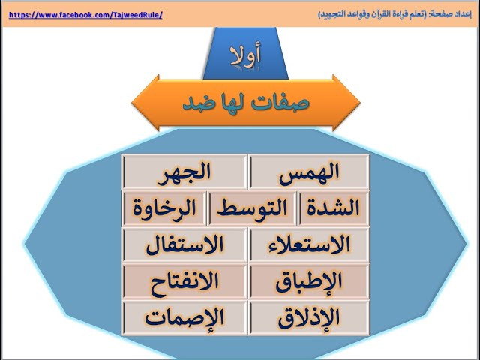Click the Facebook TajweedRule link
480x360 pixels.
[85, 15]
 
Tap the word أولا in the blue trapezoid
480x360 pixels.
[246, 55]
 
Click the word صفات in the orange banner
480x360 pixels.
[280, 103]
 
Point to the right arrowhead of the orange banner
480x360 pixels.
[346, 103]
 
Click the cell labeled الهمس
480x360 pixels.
[309, 172]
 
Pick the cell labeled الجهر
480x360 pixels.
[184, 172]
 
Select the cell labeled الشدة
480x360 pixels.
[333, 208]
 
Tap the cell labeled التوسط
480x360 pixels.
[252, 208]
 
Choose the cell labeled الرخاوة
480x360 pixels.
[164, 208]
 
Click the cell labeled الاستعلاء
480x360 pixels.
[309, 245]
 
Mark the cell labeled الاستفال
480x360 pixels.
[184, 245]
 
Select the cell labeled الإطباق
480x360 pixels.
[309, 281]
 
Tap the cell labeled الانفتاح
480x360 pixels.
[184, 281]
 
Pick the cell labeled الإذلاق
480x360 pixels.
[309, 318]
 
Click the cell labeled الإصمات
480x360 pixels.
[184, 318]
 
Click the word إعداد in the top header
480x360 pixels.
[463, 14]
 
